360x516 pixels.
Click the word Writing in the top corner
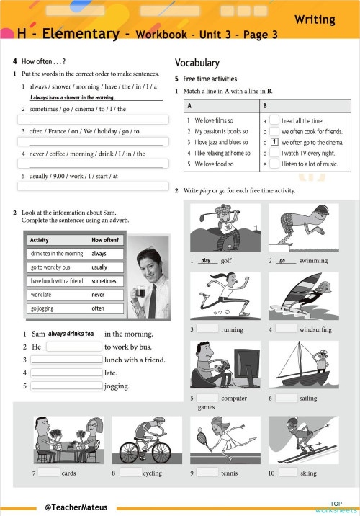pyautogui.click(x=325, y=19)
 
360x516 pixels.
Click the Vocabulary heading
pyautogui.click(x=197, y=63)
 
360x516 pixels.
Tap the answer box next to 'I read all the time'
pyautogui.click(x=274, y=121)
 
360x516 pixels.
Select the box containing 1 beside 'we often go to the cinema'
pyautogui.click(x=274, y=142)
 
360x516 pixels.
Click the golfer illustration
pyautogui.click(x=218, y=227)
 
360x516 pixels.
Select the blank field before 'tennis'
pyautogui.click(x=207, y=473)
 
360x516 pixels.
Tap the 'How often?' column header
pyautogui.click(x=106, y=240)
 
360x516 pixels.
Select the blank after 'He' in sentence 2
pyautogui.click(x=73, y=347)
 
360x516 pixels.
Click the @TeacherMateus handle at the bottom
pyautogui.click(x=76, y=507)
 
